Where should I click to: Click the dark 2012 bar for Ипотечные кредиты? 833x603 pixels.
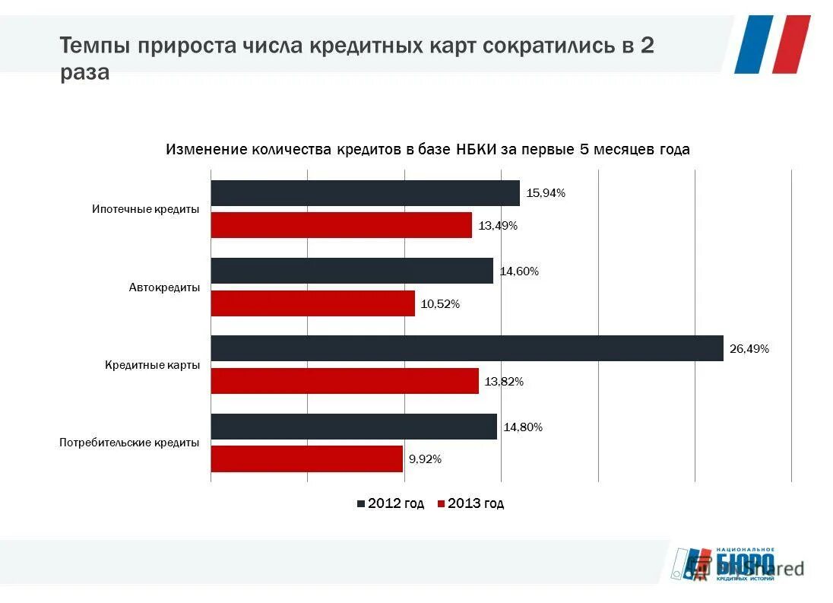(365, 193)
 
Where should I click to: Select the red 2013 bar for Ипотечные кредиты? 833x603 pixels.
(341, 225)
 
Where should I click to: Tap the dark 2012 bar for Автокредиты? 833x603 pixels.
(352, 271)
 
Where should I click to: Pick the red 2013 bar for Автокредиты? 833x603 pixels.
(312, 303)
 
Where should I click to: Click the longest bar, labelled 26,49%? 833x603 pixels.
(467, 348)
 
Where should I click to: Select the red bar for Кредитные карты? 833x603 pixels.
(344, 381)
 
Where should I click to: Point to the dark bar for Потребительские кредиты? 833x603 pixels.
(353, 427)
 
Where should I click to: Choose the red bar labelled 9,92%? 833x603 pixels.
(306, 459)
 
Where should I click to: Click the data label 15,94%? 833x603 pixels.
(546, 193)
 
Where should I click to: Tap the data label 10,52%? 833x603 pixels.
(440, 304)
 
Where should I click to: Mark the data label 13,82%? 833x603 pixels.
(504, 382)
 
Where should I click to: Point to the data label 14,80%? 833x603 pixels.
(523, 427)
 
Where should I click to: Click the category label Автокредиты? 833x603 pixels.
(164, 287)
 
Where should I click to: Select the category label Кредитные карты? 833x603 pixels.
(152, 365)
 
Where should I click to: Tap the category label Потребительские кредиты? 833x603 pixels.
(129, 443)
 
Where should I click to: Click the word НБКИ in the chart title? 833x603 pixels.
(476, 150)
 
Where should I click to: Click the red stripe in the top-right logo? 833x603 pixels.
(792, 44)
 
